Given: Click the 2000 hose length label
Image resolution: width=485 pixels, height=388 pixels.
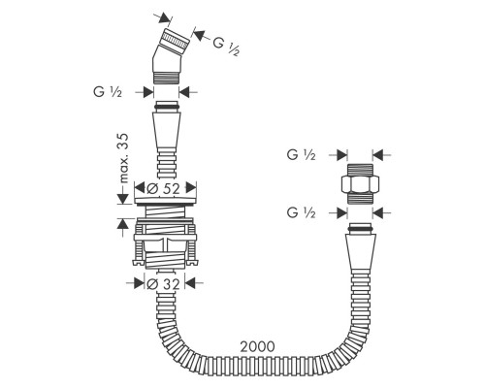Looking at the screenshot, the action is (x=257, y=346).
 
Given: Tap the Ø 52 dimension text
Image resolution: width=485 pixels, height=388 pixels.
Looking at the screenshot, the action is (x=163, y=188).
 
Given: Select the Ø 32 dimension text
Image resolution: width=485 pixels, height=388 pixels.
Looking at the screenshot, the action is (x=163, y=284).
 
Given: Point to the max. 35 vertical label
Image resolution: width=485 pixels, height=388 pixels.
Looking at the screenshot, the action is (x=123, y=158).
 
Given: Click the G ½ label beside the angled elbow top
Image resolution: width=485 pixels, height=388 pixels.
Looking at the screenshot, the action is (x=226, y=47).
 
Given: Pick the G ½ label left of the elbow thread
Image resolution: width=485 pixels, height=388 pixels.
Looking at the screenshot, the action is (x=108, y=92).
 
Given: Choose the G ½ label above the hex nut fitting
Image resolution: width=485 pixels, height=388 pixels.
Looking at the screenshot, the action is (x=301, y=155).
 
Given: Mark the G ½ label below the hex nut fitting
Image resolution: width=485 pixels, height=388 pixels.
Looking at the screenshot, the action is (x=301, y=213).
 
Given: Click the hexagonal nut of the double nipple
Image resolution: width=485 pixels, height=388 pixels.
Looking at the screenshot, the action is (x=360, y=184).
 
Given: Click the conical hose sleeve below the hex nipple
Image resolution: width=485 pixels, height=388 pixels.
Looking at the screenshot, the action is (x=361, y=254).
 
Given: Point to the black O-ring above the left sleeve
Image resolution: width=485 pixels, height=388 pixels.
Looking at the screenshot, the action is (x=166, y=107).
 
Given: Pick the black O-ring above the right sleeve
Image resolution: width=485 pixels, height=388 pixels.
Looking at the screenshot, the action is (x=361, y=229).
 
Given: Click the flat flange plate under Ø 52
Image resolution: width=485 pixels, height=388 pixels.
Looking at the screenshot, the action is (x=165, y=201).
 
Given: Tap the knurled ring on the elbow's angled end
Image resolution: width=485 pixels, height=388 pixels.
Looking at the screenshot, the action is (x=176, y=40).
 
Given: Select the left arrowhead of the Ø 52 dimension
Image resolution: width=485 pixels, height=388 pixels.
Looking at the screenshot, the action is (x=140, y=188).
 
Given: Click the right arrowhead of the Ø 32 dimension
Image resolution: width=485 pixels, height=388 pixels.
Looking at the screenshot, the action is (x=190, y=283).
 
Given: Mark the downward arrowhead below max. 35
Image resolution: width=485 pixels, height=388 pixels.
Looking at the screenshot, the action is (x=122, y=198).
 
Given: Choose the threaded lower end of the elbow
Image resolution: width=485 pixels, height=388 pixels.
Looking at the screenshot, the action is (x=166, y=79).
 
